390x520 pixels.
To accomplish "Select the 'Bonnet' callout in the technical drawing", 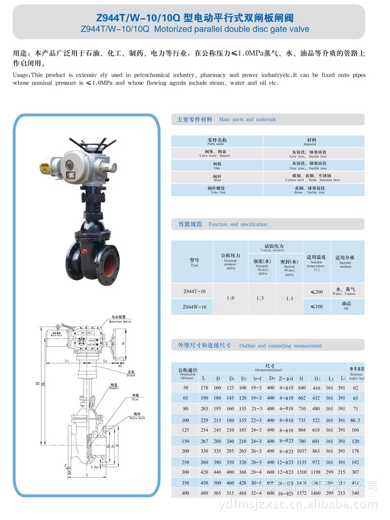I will coord(114,389).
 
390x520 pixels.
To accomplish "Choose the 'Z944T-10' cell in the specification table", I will coord(194,291).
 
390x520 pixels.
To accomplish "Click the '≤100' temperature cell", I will coord(316,306).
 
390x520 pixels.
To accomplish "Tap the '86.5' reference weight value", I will coord(355,420).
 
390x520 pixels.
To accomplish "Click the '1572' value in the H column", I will coord(302,493).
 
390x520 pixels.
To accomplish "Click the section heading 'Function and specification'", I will coord(238,224).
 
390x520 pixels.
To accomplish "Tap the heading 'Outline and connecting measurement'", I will coord(280,345).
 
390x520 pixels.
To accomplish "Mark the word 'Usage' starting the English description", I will coord(21,75).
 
